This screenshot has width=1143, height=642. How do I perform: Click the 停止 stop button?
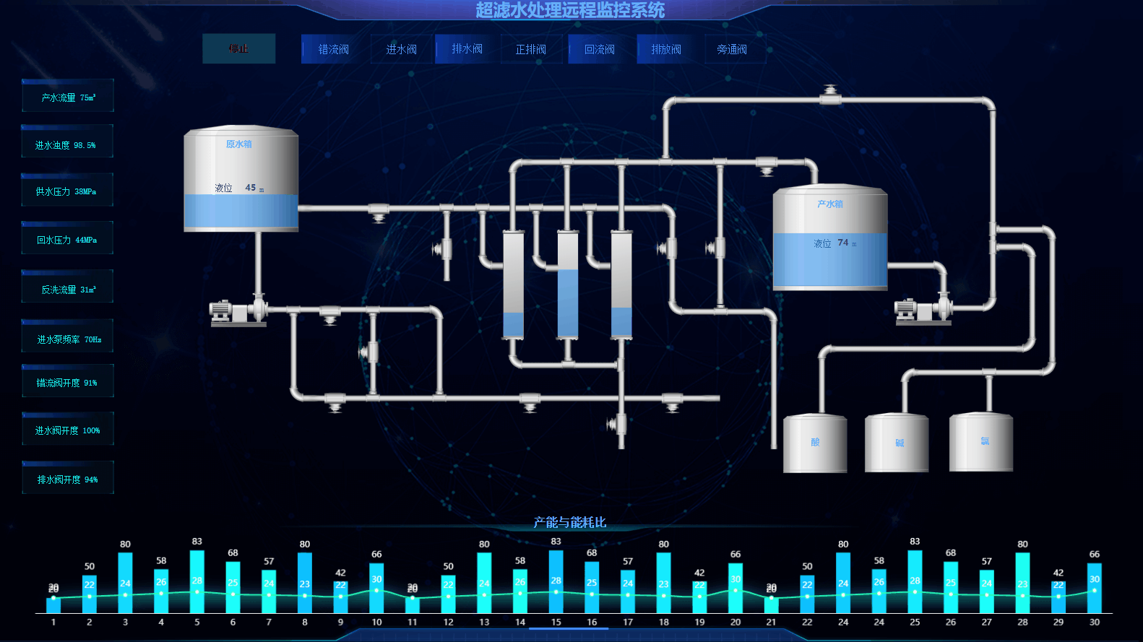pyautogui.click(x=238, y=49)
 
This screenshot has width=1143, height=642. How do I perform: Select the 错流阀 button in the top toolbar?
pyautogui.click(x=333, y=49)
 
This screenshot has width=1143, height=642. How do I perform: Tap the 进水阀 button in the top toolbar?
pyautogui.click(x=401, y=49)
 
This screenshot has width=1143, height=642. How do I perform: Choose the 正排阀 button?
pyautogui.click(x=530, y=49)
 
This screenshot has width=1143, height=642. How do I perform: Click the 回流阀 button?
pyautogui.click(x=599, y=49)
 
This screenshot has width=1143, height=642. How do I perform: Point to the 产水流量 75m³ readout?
pyautogui.click(x=68, y=97)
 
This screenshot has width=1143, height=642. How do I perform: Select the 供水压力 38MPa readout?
pyautogui.click(x=67, y=191)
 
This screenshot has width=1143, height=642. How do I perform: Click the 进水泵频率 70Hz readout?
pyautogui.click(x=68, y=339)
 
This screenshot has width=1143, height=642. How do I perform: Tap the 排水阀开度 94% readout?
pyautogui.click(x=68, y=479)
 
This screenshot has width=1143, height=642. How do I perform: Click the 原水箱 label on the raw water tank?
pyautogui.click(x=239, y=144)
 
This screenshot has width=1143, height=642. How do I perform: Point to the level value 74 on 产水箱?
pyautogui.click(x=842, y=243)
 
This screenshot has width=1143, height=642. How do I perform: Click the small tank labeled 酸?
pyautogui.click(x=815, y=443)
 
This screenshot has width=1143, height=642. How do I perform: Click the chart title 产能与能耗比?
pyautogui.click(x=570, y=522)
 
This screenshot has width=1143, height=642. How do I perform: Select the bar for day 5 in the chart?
pyautogui.click(x=197, y=581)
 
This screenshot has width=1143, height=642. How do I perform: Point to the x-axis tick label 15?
pyautogui.click(x=556, y=622)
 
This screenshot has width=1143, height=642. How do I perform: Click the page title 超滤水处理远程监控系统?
pyautogui.click(x=570, y=10)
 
